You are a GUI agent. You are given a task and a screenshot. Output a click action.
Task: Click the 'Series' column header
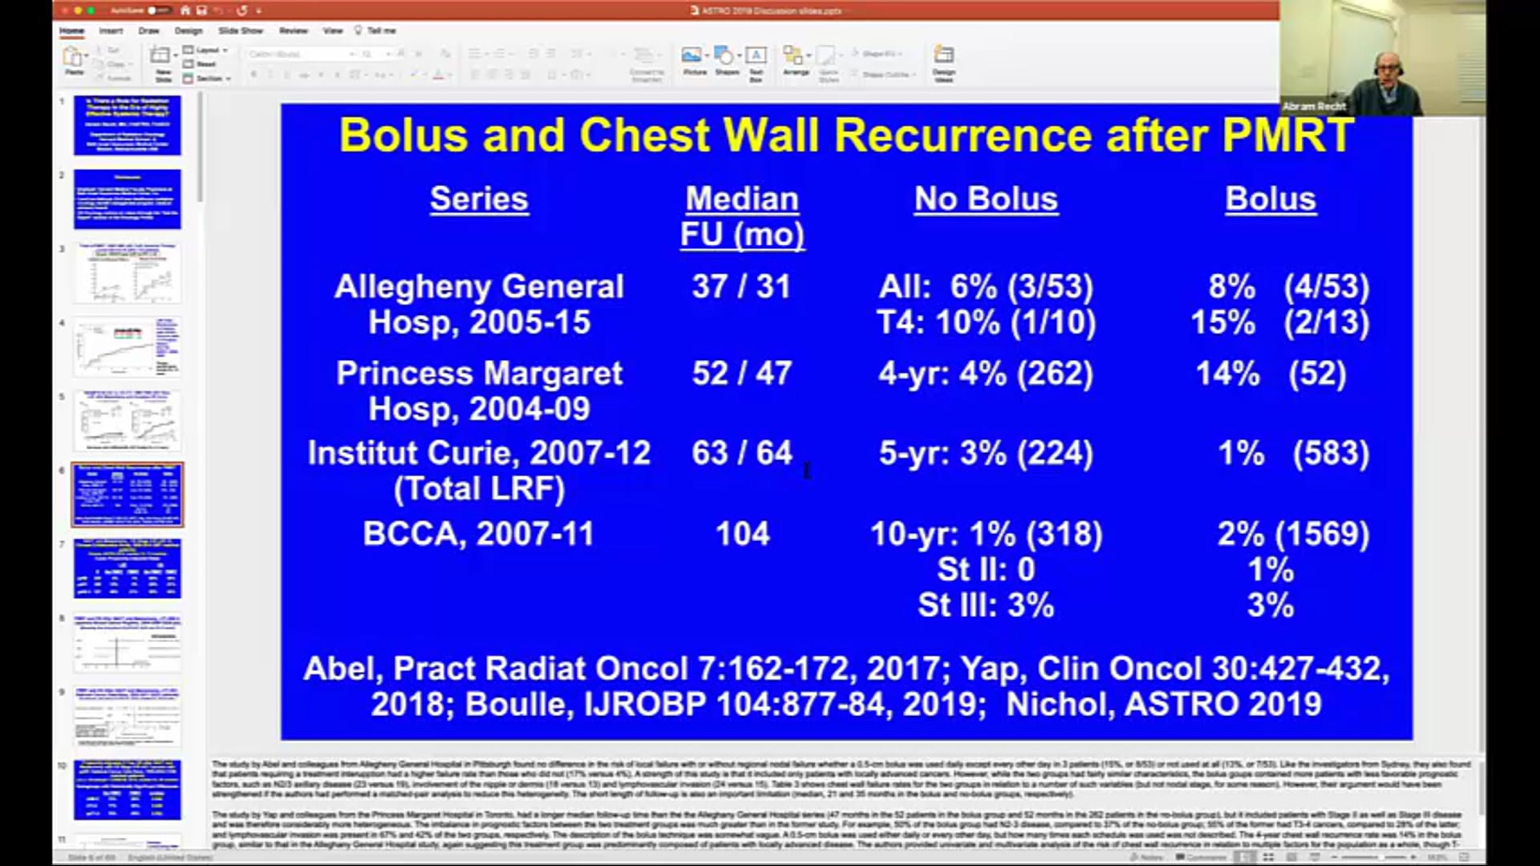[x=479, y=199]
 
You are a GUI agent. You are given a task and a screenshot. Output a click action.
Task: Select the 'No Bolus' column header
[x=986, y=199]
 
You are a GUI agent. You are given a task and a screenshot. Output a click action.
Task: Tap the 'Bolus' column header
[x=1270, y=199]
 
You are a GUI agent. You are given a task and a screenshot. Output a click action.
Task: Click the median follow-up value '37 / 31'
[x=741, y=287]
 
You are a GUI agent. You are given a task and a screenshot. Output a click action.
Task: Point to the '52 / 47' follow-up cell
[x=741, y=374]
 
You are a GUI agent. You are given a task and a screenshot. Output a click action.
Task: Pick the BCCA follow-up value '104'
[x=742, y=534]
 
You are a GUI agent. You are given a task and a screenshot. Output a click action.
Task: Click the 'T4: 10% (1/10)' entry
[x=986, y=322]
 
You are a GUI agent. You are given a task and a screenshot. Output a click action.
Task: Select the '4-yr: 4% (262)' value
[x=986, y=374]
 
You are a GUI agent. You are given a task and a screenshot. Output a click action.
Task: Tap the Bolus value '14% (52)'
[x=1270, y=374]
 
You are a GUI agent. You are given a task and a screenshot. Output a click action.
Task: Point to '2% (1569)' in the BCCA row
[x=1293, y=534]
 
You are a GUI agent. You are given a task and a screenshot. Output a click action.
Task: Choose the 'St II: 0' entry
[x=986, y=569]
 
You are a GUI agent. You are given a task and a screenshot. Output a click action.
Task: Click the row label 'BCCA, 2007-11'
[x=479, y=534]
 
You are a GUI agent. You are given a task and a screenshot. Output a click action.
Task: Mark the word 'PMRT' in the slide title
[x=1287, y=135]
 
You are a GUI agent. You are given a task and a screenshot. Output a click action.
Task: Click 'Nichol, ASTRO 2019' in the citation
[x=1163, y=704]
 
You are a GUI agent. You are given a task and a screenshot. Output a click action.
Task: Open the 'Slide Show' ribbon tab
[x=241, y=30]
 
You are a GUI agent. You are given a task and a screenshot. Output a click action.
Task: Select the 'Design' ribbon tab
[x=188, y=30]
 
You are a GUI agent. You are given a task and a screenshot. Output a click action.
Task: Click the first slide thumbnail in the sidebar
[x=128, y=125]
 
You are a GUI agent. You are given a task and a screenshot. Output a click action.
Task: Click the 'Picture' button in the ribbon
[x=695, y=60]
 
